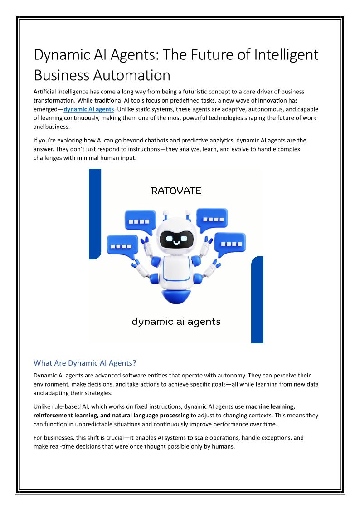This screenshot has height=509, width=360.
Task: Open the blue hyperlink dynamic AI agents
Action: point(89,109)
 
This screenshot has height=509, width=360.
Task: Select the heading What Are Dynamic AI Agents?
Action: point(85,363)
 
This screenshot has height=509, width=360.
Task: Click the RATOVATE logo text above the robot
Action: point(176,191)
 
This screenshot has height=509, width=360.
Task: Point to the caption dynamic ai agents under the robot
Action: point(176,322)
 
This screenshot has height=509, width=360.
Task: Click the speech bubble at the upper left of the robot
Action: point(140,221)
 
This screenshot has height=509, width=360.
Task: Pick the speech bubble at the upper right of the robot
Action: point(212,219)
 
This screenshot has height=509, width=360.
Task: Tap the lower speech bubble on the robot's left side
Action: point(122,246)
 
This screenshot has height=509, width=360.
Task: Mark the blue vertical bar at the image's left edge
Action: point(94,213)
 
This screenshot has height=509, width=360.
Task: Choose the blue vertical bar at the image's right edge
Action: point(257,299)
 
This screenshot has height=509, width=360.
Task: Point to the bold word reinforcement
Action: point(56,415)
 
